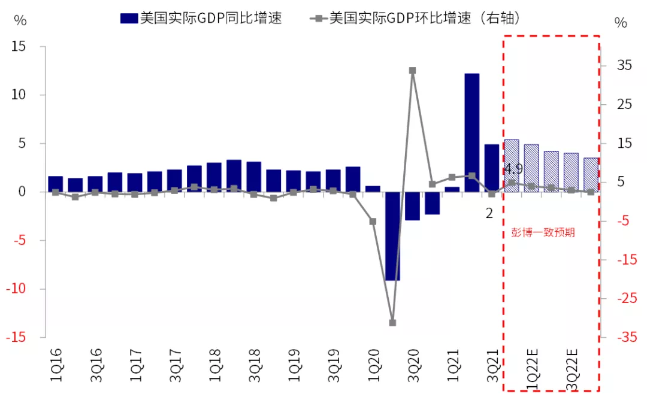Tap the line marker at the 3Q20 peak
pos(412,71)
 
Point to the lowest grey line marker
pos(392,323)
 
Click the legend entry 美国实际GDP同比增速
pos(201,18)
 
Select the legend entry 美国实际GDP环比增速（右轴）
pos(416,18)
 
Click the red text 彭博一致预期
pos(543,233)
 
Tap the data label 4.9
pos(513,169)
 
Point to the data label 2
pos(489,213)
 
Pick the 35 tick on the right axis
pos(623,65)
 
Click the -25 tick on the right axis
pos(621,298)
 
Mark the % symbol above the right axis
pos(621,23)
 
